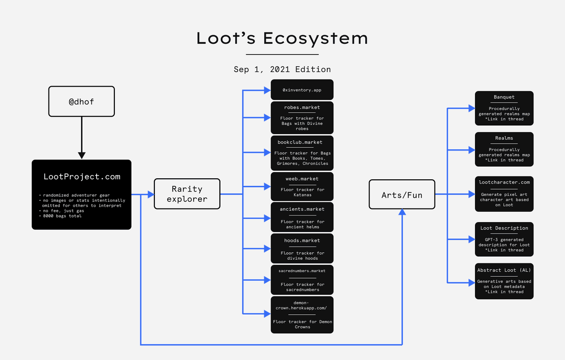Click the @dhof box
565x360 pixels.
(x=81, y=101)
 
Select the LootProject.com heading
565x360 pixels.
(x=81, y=177)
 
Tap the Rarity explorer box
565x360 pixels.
(x=187, y=194)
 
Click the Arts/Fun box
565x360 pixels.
(x=402, y=194)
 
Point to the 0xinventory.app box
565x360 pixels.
(x=302, y=89)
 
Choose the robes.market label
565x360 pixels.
(x=302, y=107)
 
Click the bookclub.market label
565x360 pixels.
(x=302, y=142)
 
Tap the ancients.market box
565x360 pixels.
(x=302, y=216)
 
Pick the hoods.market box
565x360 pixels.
(x=302, y=248)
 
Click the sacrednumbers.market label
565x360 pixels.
(x=302, y=271)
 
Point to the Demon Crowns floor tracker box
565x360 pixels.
(x=302, y=314)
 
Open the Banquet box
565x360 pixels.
(x=504, y=109)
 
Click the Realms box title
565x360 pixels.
(x=504, y=138)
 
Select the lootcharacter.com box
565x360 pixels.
(x=504, y=193)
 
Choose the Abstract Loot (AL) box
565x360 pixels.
(x=504, y=281)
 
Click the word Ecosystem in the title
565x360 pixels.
(x=315, y=38)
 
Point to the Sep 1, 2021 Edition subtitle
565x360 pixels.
(x=282, y=69)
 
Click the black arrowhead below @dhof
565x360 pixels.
(x=81, y=155)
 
